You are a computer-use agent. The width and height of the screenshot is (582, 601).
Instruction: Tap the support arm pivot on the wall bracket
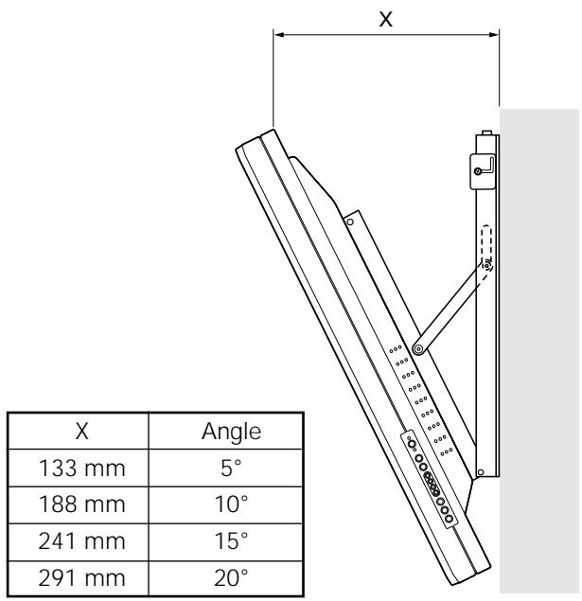click(486, 267)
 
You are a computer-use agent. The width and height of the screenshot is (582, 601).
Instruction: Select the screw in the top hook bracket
click(479, 169)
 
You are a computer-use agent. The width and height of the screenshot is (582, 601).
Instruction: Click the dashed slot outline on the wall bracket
click(485, 246)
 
